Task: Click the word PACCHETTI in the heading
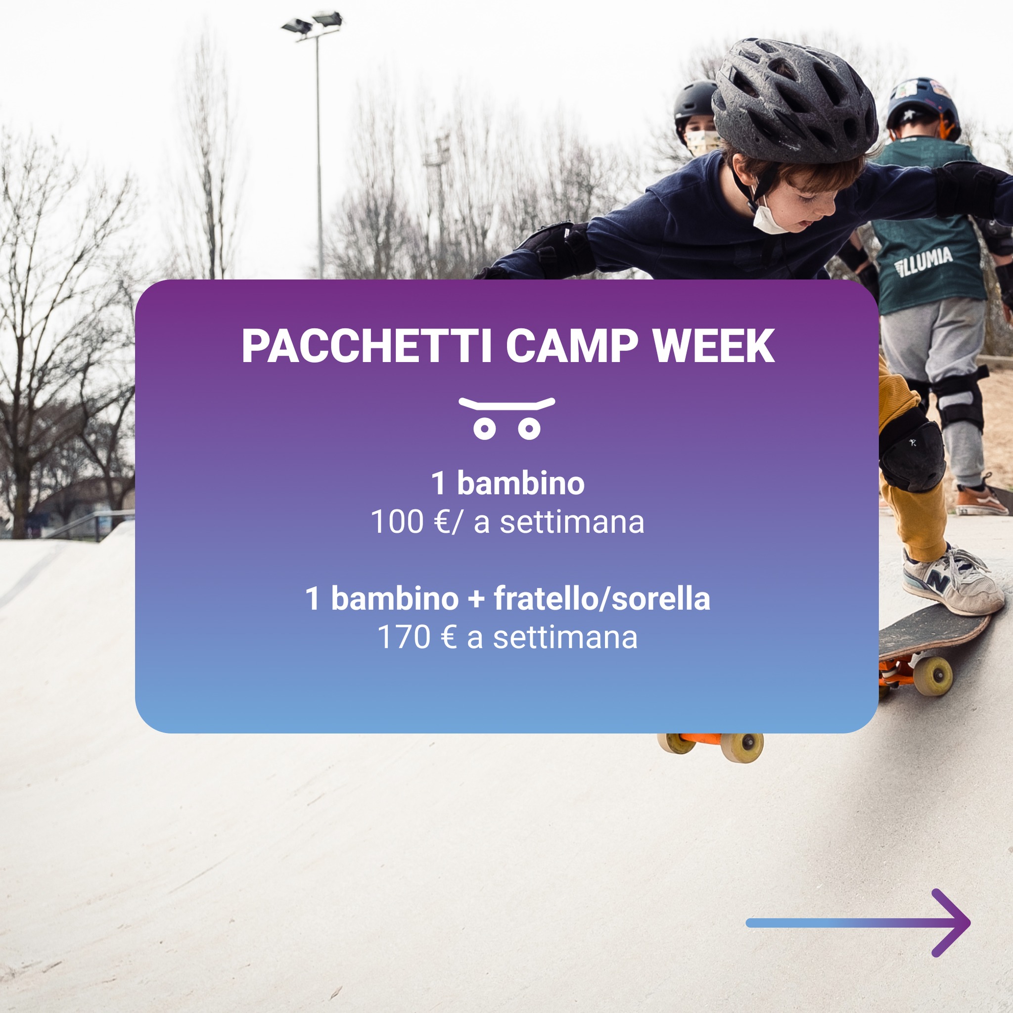367,346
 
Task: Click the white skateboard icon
506,418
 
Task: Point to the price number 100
397,522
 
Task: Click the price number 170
404,638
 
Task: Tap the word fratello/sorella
602,599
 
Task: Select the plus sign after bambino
476,599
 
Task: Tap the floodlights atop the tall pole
312,24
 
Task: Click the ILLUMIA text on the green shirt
923,261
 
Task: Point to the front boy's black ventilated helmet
794,101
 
